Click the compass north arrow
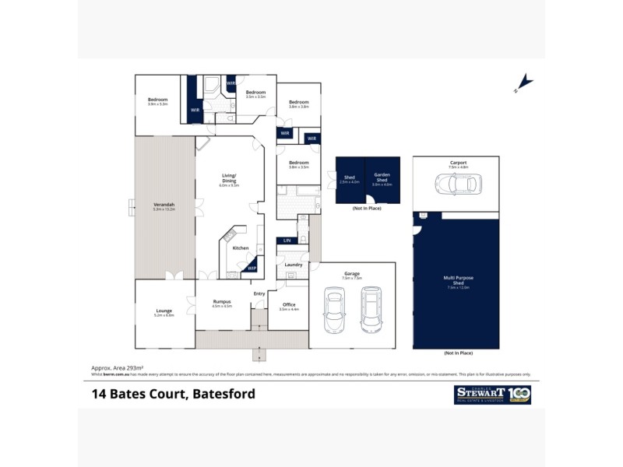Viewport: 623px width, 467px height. pos(525,83)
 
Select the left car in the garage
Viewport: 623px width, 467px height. pos(335,309)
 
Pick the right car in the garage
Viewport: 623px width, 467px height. pos(371,309)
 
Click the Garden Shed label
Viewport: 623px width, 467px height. pos(382,176)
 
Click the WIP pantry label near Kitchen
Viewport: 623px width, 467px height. pos(252,269)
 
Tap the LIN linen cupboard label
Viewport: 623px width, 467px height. pos(287,241)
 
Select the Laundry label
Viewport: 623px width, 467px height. pos(294,265)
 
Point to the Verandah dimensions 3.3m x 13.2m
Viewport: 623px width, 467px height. pos(164,209)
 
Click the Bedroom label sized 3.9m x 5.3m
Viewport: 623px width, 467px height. pos(157,100)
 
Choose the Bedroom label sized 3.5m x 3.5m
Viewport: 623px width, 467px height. pos(255,93)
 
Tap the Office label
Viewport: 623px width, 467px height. pos(289,304)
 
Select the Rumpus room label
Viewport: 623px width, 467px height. pos(222,302)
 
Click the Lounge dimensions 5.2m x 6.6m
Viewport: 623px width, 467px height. pos(164,315)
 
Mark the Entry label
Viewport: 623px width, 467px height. pos(259,293)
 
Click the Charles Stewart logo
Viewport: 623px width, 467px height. pos(491,395)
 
